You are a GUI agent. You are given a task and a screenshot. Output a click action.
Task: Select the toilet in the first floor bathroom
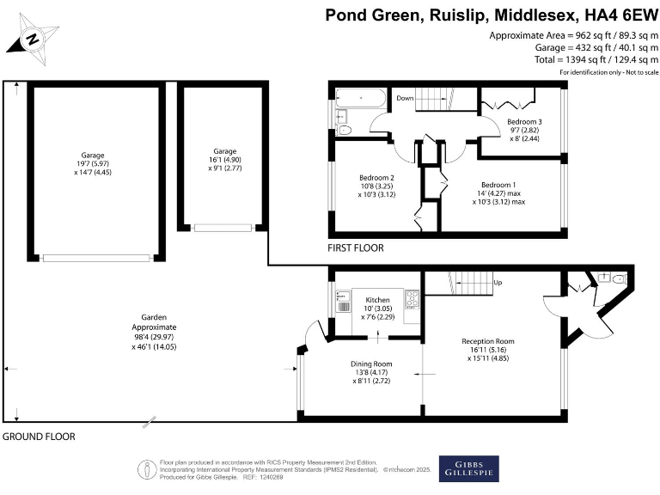pos(345,131)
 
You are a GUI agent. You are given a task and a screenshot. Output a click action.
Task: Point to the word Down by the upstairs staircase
pos(406,99)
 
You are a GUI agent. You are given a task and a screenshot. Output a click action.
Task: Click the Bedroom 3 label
pos(523,122)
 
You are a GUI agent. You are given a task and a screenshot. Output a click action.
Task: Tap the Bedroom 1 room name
pos(498,185)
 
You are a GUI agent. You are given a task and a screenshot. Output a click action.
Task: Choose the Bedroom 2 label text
pos(376,178)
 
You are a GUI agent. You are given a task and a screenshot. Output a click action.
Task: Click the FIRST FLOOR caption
pos(356,248)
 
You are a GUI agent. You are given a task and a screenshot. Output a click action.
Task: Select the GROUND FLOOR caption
pos(39,437)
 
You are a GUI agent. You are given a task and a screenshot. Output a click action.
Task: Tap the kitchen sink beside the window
pos(343,305)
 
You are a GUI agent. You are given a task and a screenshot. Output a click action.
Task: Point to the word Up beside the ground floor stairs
pos(498,282)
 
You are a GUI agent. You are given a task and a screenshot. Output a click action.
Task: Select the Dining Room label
pos(370,363)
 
